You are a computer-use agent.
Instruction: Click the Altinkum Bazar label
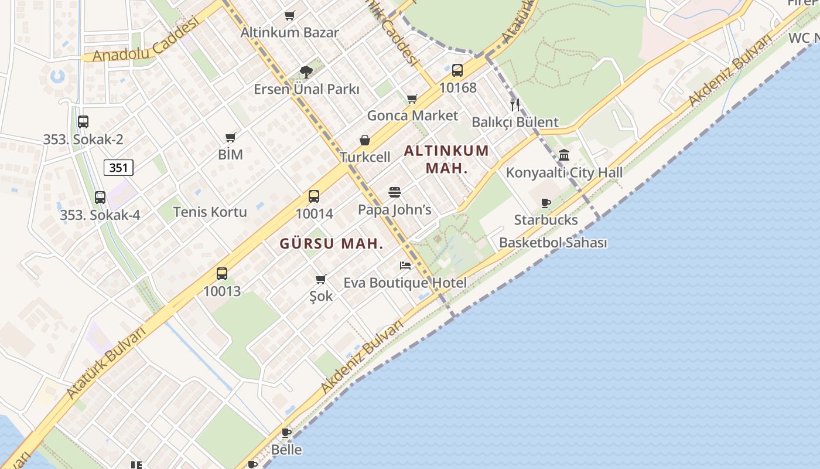(289, 32)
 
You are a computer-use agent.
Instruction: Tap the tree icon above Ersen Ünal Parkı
(306, 72)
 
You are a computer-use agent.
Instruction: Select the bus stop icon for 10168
(457, 70)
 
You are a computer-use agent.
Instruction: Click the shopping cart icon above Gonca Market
(412, 98)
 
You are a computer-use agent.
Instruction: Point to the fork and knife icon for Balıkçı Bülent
(515, 105)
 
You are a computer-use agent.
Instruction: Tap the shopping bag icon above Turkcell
(365, 140)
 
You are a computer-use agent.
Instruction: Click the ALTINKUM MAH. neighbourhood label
(446, 159)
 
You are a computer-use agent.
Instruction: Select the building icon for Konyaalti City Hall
(564, 155)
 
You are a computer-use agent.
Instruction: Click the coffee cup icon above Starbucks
(546, 203)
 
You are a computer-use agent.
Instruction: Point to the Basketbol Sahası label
(553, 243)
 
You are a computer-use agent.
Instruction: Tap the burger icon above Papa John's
(395, 192)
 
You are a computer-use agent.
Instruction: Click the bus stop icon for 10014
(314, 196)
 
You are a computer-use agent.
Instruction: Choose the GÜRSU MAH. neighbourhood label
(332, 244)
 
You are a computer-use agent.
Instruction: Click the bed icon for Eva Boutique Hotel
(405, 266)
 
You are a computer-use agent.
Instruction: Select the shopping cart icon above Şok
(320, 279)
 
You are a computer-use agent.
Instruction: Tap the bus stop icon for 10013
(222, 274)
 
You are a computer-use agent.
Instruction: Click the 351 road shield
(119, 168)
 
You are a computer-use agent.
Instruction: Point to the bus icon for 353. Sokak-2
(83, 122)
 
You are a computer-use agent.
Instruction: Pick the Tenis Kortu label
(210, 212)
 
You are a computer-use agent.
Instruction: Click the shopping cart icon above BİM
(230, 138)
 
